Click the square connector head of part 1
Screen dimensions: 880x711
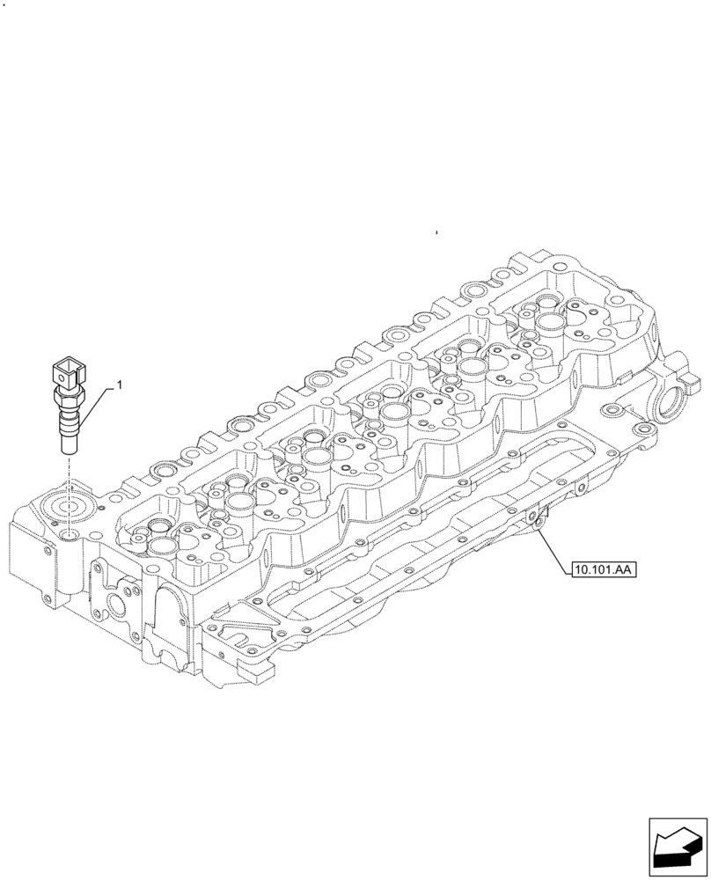pyautogui.click(x=68, y=369)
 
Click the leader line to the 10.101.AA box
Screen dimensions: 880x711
pyautogui.click(x=554, y=550)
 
